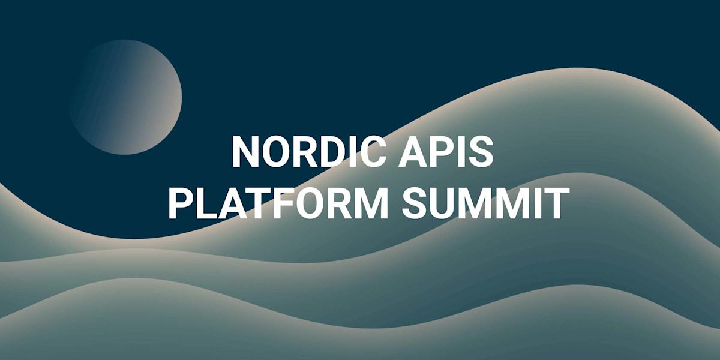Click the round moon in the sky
[125, 97]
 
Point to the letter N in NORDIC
[245, 151]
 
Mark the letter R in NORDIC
[298, 151]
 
